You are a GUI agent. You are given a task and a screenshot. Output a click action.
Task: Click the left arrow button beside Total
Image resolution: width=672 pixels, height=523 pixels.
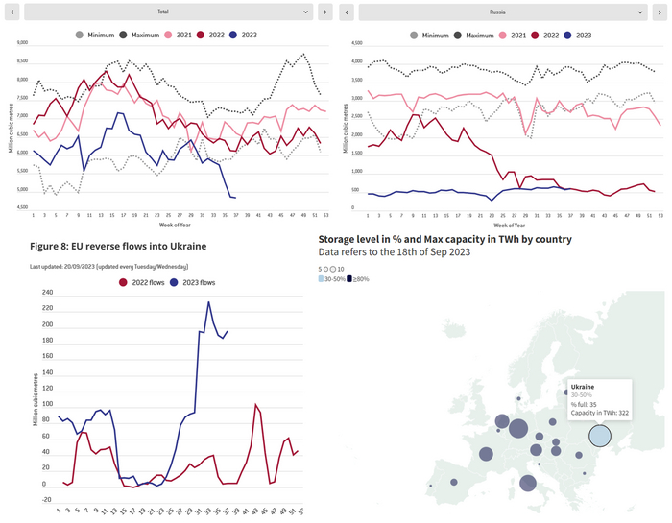click(x=12, y=12)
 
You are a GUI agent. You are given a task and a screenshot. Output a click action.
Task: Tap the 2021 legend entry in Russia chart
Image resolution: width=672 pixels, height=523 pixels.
click(x=515, y=35)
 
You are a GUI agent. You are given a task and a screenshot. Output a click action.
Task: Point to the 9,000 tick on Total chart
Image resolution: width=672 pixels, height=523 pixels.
click(x=22, y=42)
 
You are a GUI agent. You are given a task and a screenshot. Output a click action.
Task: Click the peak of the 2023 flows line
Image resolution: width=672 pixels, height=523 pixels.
click(x=208, y=302)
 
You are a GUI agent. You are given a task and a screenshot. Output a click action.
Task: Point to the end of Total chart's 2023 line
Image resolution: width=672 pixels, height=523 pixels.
click(x=236, y=198)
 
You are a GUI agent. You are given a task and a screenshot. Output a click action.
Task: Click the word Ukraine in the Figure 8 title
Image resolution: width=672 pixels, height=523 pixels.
click(x=185, y=246)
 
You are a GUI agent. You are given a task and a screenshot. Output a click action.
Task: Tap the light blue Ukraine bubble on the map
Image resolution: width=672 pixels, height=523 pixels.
click(x=600, y=436)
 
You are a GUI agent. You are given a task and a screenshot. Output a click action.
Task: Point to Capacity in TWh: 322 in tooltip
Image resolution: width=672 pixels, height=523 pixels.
click(x=600, y=412)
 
